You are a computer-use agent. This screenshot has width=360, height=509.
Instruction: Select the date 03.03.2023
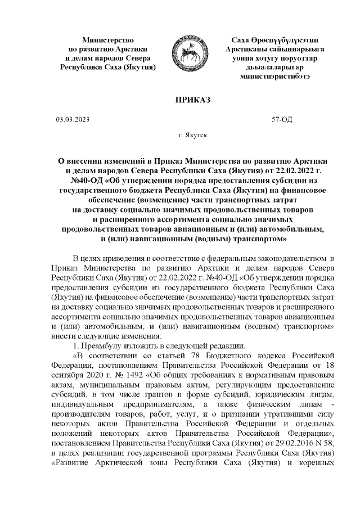72,120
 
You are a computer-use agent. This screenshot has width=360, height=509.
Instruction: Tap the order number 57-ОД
282,120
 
